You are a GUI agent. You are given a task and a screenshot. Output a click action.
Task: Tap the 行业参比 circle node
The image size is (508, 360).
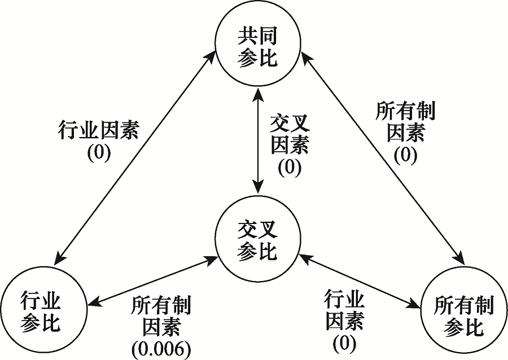[43, 311]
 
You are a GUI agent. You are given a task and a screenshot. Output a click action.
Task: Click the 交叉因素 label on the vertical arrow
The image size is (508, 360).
[290, 135]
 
